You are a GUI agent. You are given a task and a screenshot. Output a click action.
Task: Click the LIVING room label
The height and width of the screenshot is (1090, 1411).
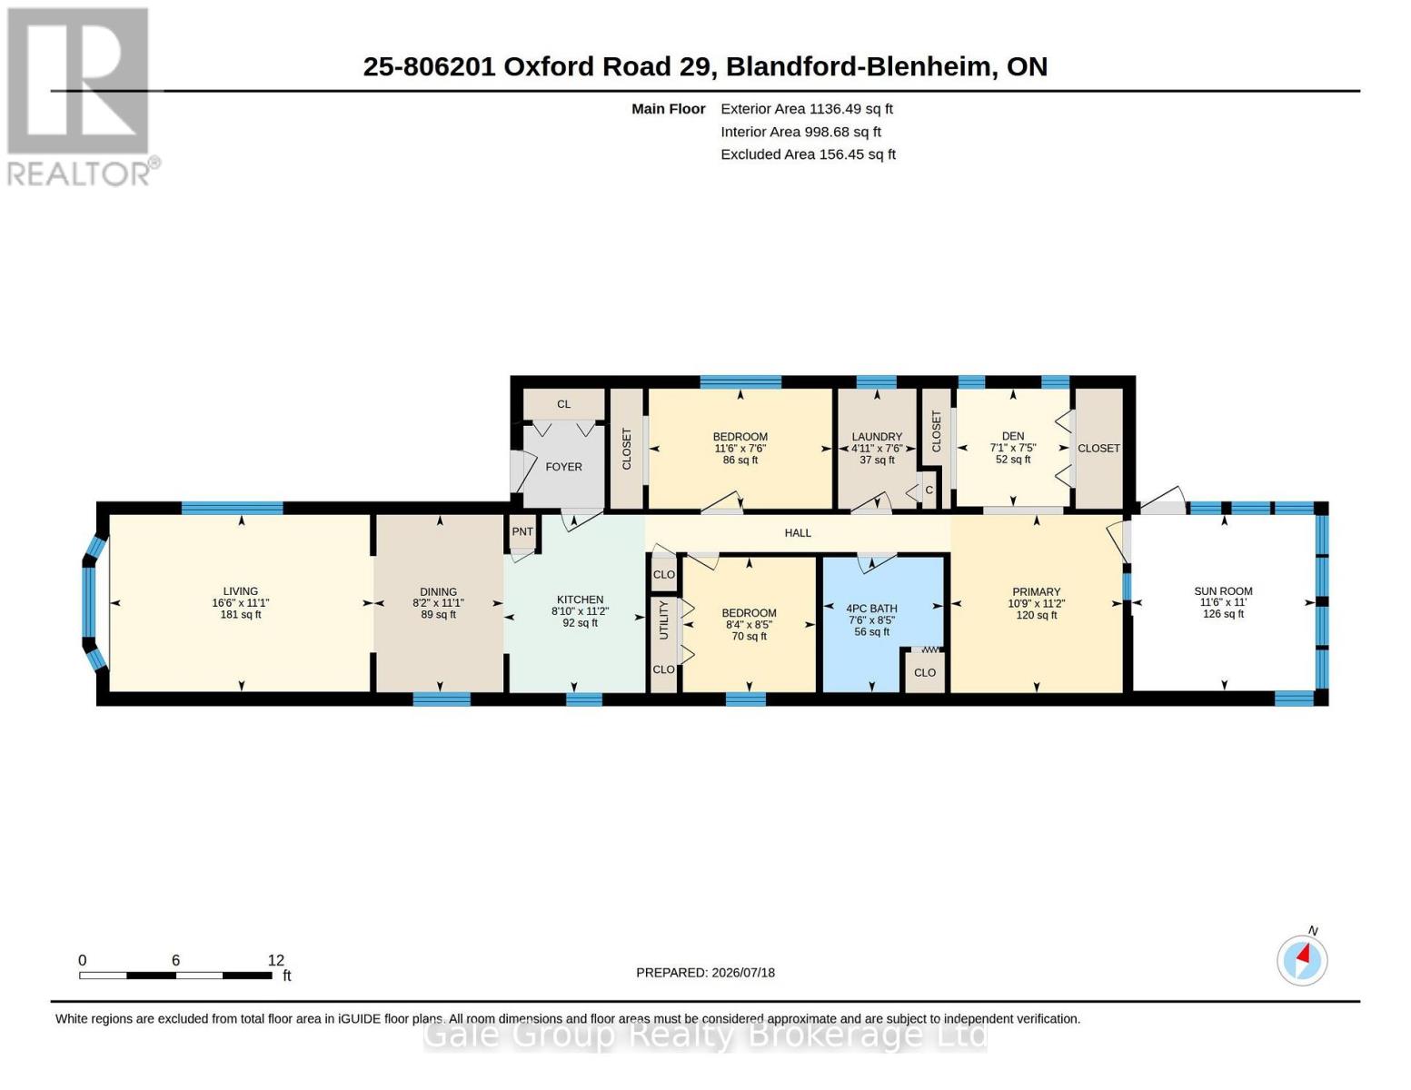240,591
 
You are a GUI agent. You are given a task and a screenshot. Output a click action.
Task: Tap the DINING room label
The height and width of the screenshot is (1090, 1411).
438,592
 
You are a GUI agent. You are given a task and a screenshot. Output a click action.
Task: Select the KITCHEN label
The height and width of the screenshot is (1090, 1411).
580,599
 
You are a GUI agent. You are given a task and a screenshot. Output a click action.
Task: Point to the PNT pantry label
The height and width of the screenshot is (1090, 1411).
522,531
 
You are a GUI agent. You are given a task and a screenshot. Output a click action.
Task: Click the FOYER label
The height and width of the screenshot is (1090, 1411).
563,467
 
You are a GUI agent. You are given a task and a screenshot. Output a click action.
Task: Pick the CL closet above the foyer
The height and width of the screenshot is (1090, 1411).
563,404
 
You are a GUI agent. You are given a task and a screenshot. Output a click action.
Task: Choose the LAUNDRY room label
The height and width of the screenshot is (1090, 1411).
877,437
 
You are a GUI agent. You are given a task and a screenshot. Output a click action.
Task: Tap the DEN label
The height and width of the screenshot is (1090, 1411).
1013,436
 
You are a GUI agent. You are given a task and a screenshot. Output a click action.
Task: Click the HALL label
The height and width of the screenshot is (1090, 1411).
798,533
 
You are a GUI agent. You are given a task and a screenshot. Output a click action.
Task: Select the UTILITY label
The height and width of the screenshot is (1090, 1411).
663,620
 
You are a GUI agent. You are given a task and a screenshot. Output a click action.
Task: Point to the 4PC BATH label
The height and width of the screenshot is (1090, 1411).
871,609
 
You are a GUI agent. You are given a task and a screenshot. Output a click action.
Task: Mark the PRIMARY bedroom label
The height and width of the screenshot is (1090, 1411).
1037,592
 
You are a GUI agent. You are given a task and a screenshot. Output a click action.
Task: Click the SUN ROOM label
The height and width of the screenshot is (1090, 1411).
1223,591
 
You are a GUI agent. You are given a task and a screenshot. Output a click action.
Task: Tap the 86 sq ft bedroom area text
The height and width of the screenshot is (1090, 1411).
740,461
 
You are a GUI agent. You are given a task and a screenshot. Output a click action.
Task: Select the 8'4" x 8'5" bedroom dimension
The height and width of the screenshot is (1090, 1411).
749,625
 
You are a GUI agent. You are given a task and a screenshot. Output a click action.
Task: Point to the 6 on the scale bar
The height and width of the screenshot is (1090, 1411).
175,960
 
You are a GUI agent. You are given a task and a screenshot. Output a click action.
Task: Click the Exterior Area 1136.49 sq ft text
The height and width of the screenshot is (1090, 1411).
807,109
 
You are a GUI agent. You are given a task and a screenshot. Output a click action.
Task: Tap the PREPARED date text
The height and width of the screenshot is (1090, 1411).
705,973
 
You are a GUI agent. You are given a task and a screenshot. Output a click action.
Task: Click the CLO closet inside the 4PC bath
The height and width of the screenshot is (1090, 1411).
925,672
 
